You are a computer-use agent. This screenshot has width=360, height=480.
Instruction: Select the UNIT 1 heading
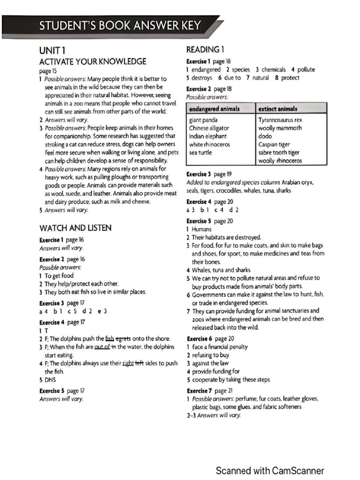(52, 51)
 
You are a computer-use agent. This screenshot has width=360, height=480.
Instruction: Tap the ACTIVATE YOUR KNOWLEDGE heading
(93, 61)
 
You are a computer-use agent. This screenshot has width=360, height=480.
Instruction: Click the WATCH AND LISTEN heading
(75, 228)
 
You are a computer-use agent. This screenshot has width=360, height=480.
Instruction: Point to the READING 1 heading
(205, 49)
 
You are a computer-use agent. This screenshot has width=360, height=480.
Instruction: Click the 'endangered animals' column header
(214, 109)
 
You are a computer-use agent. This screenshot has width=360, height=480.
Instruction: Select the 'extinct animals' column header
(278, 109)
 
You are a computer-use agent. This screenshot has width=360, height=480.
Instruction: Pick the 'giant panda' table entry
(203, 120)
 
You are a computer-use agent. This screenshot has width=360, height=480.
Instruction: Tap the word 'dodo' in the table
(265, 136)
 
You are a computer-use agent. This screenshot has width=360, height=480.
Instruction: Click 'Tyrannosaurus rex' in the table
(280, 120)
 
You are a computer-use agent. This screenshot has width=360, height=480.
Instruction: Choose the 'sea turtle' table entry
(201, 152)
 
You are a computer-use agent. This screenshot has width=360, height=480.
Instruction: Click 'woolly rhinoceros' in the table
(280, 161)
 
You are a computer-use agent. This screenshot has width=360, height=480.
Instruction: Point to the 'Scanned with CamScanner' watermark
(270, 471)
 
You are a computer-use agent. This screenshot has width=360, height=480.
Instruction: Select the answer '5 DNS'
(47, 380)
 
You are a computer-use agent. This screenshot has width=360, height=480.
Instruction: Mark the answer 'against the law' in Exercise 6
(210, 363)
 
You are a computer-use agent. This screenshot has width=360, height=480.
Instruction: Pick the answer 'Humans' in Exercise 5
(202, 229)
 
